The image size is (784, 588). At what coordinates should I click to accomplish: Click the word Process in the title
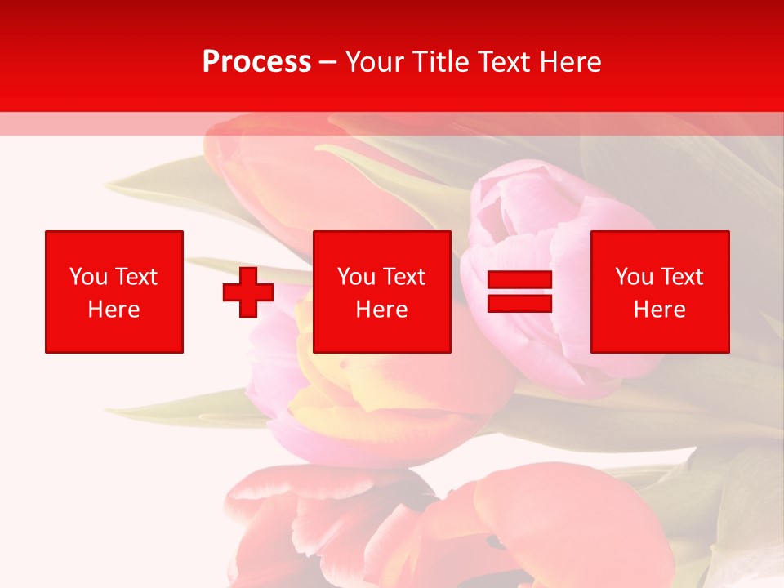click(256, 62)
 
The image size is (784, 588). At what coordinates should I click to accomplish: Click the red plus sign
click(248, 292)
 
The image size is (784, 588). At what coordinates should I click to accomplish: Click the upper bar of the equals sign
click(519, 280)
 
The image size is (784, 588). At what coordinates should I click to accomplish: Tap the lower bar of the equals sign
click(519, 303)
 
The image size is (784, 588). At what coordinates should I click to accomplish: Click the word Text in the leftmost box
click(137, 277)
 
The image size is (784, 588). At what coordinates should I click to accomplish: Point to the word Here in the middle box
click(382, 310)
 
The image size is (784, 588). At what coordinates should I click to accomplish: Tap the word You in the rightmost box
click(634, 277)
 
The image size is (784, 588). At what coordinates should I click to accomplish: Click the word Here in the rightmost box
click(660, 310)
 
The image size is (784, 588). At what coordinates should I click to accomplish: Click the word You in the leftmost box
click(88, 277)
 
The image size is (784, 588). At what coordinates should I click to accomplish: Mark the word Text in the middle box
click(405, 277)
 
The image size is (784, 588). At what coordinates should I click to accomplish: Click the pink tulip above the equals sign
click(523, 212)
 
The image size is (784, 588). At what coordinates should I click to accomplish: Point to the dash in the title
click(327, 63)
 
